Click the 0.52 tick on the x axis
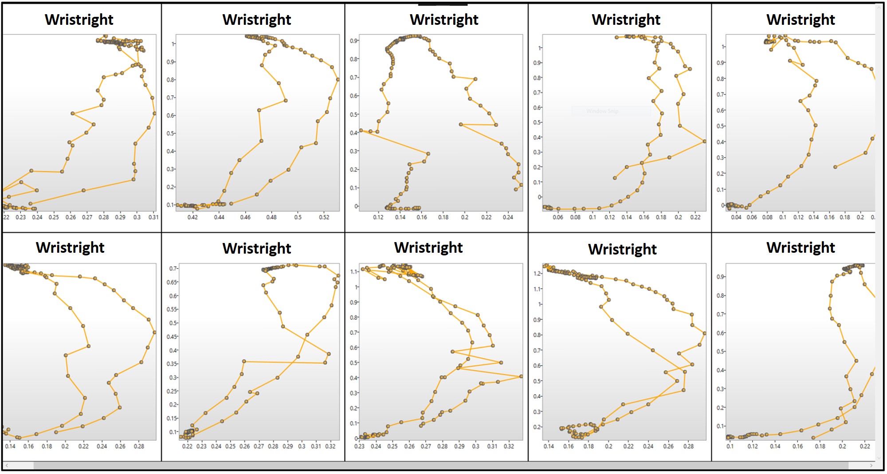pos(324,217)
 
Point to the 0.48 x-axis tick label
pos(271,217)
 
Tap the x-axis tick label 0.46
pos(245,217)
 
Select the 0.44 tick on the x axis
pos(219,217)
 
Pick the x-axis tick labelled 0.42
pos(192,217)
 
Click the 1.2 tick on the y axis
pos(537,274)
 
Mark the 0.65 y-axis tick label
pos(172,282)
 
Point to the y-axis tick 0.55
pos(172,309)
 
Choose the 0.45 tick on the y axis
pos(172,337)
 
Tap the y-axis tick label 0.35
pos(172,364)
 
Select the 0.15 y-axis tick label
pos(172,418)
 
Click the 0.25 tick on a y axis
pos(172,391)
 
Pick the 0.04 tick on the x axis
pos(736,217)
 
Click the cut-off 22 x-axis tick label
pos(6,217)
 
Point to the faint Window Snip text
pos(602,111)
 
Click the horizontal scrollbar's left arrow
pos(6,466)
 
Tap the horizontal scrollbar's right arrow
pos(871,466)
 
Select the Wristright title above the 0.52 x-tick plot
pos(257,20)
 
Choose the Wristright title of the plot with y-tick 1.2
pos(622,249)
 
